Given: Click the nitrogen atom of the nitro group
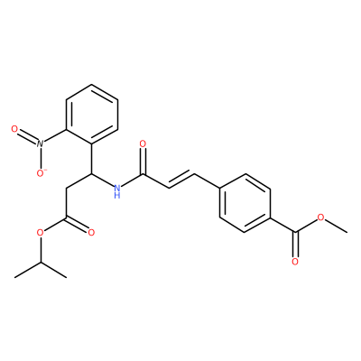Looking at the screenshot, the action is (40, 143).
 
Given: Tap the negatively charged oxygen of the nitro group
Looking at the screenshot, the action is (41, 173).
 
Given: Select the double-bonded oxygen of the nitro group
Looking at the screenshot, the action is (14, 129).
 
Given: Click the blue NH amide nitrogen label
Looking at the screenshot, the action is (117, 191).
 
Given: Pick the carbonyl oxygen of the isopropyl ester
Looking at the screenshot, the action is (91, 233).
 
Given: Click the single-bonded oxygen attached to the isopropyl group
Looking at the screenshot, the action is (40, 233).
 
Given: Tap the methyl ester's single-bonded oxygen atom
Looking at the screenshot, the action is (321, 218).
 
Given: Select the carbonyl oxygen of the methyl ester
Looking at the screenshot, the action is (295, 262).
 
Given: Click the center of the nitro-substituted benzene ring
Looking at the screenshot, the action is (92, 115).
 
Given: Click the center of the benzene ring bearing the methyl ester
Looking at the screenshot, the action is (245, 203).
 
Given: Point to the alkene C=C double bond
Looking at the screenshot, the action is (182, 180).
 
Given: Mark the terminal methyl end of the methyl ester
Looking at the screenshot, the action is (347, 233).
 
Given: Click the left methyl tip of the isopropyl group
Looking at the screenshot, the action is (15, 277).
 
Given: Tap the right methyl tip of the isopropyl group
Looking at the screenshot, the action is (66, 277).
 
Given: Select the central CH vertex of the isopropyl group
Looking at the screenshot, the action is (41, 263).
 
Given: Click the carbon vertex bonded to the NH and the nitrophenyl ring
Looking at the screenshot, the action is (91, 173).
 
